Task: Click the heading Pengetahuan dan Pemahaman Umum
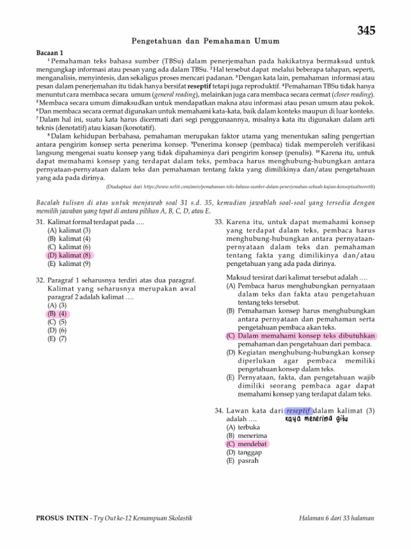205,41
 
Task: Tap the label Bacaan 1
50,53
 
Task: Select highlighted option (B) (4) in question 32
58,314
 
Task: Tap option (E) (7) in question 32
57,339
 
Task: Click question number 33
218,222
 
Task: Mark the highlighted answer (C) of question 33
302,336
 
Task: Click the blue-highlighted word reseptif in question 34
298,411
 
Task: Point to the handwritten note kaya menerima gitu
313,419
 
